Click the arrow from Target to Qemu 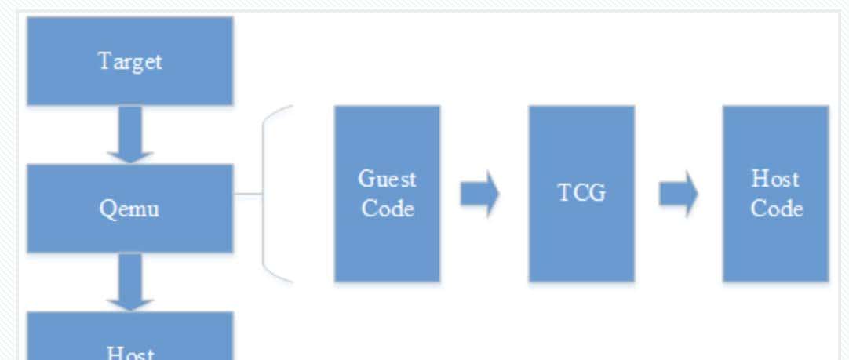(x=129, y=134)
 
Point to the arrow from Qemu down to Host (x=129, y=282)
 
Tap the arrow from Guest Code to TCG (x=479, y=195)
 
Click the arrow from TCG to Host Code (x=678, y=195)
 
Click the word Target (x=129, y=61)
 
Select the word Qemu (x=129, y=209)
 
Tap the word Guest (x=387, y=179)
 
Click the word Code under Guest (x=387, y=209)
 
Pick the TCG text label (x=581, y=193)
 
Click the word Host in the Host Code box (x=775, y=179)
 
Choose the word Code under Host (x=775, y=209)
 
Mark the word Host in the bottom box (x=129, y=352)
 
